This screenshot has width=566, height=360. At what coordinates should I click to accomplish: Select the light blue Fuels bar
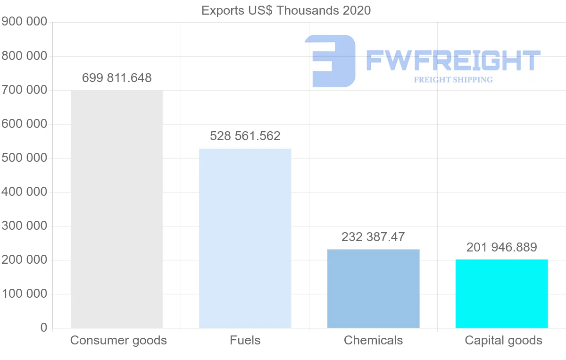click(245, 238)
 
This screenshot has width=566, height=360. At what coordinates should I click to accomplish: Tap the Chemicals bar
click(373, 288)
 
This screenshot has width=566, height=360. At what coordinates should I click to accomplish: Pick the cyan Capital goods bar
click(501, 293)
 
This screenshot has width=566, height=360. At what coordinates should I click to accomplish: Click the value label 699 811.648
click(117, 78)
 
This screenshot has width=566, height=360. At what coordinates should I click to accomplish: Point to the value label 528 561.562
click(245, 136)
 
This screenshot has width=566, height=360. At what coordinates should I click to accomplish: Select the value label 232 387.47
click(373, 237)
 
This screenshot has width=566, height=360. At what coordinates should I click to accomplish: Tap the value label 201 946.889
click(501, 247)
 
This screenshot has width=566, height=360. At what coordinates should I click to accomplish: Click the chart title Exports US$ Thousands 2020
click(286, 10)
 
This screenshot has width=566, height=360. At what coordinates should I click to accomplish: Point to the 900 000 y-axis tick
click(25, 22)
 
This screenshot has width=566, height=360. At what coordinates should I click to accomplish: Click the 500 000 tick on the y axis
click(25, 158)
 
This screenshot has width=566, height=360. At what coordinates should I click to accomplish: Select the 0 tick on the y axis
click(44, 328)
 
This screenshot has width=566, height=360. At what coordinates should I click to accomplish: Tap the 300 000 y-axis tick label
click(25, 226)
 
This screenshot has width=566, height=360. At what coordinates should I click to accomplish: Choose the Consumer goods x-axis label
click(118, 340)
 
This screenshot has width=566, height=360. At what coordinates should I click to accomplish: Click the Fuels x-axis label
click(245, 340)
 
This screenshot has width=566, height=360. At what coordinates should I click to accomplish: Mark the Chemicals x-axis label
click(373, 340)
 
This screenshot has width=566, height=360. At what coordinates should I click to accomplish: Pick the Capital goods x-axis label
click(503, 340)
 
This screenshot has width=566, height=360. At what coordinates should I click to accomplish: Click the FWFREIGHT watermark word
click(453, 61)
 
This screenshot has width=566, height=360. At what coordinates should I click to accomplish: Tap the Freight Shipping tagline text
click(453, 80)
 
